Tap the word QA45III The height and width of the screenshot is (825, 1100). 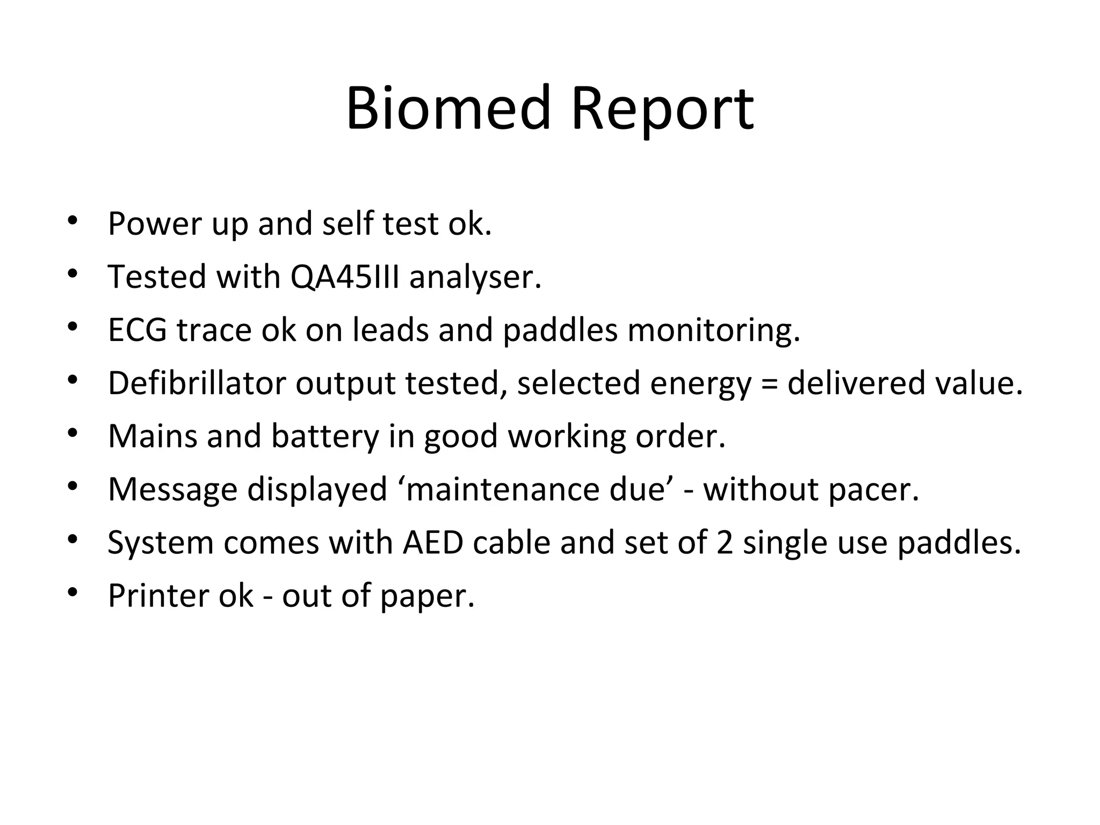pyautogui.click(x=345, y=277)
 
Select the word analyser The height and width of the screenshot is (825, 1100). pyautogui.click(x=475, y=278)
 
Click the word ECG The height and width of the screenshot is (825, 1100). pyautogui.click(x=137, y=330)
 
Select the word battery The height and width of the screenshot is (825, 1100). pyautogui.click(x=325, y=436)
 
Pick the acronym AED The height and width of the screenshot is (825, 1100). pyautogui.click(x=433, y=542)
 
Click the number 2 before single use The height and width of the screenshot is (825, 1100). pyautogui.click(x=725, y=542)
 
